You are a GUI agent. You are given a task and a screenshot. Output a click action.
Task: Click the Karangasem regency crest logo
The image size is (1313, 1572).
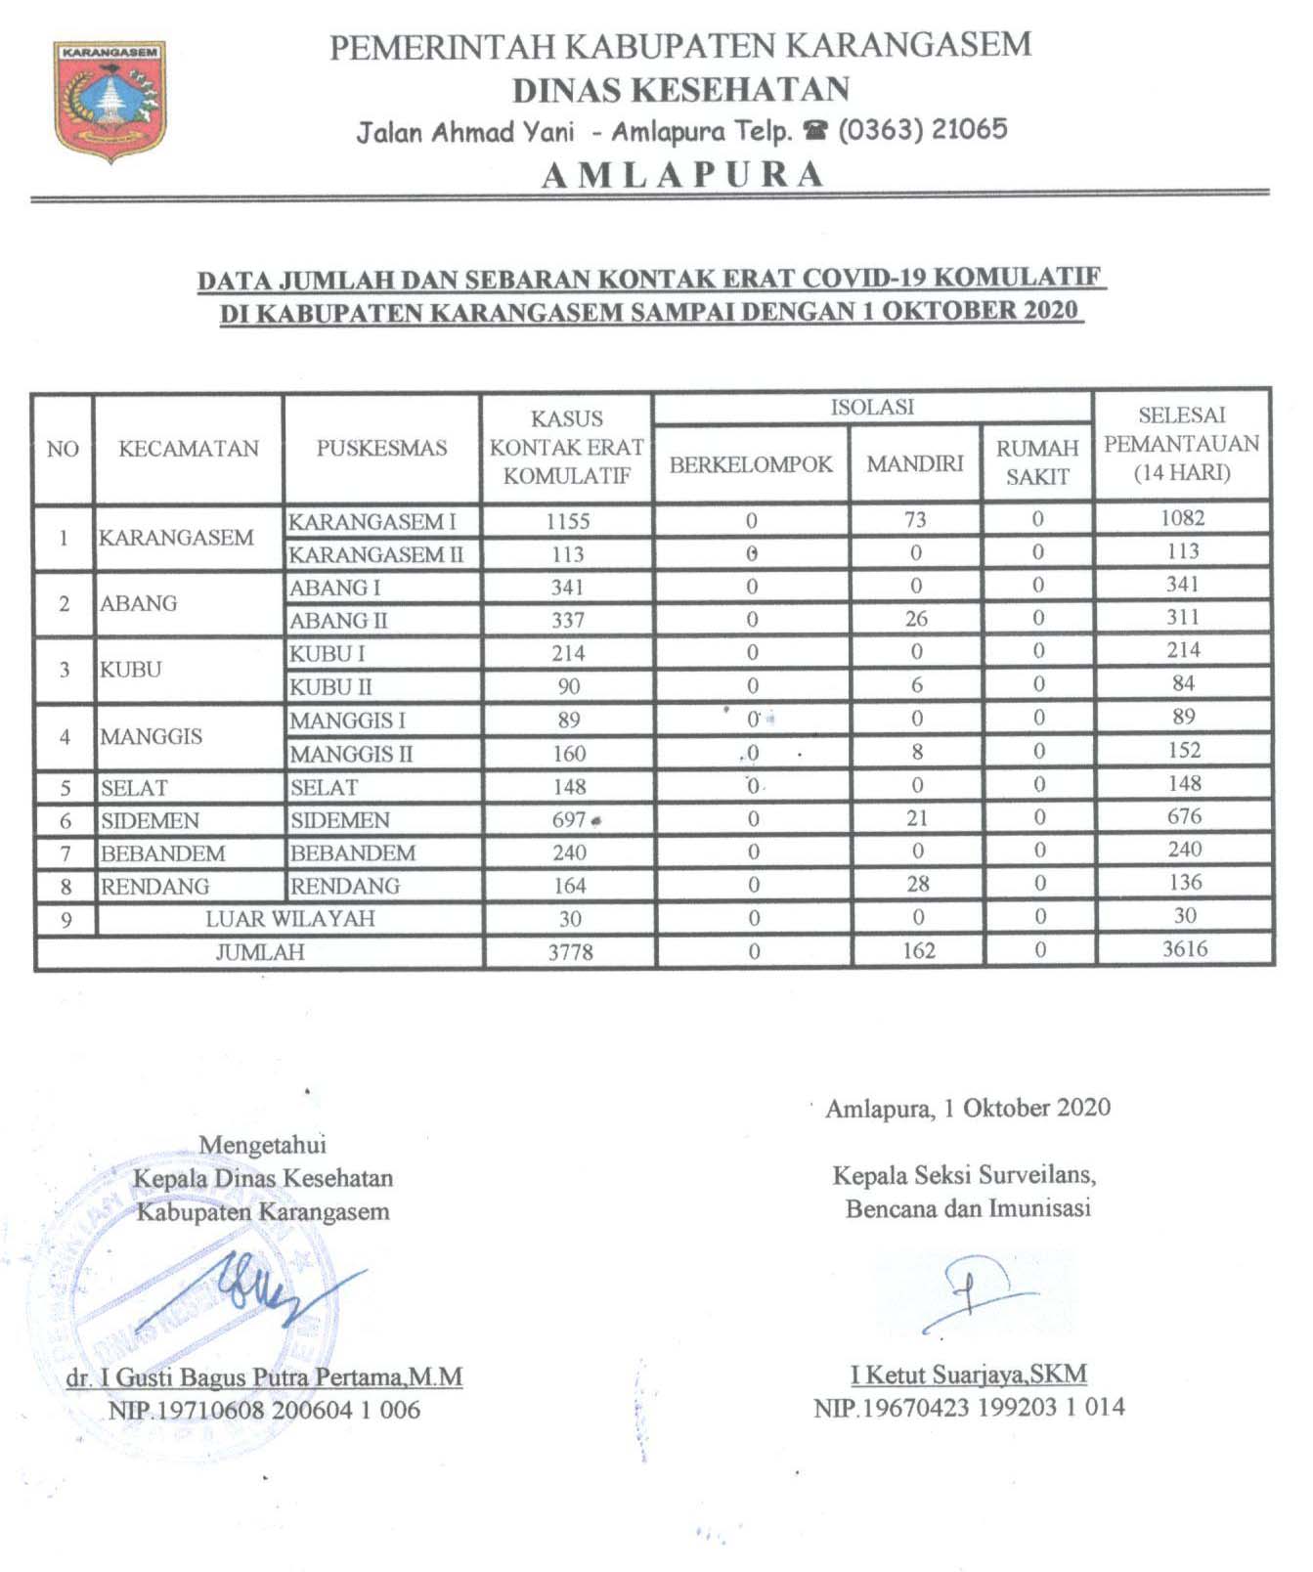pyautogui.click(x=109, y=99)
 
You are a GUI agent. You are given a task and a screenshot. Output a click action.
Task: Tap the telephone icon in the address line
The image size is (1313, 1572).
pyautogui.click(x=815, y=131)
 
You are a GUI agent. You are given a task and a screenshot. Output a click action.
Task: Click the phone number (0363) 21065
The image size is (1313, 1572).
pyautogui.click(x=922, y=130)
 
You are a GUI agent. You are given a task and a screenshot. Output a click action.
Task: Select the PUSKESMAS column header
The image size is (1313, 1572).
pyautogui.click(x=381, y=449)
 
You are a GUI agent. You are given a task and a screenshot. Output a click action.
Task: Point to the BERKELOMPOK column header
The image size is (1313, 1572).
pyautogui.click(x=751, y=464)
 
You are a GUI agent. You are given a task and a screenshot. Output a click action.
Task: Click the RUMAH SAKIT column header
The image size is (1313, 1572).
pyautogui.click(x=1037, y=462)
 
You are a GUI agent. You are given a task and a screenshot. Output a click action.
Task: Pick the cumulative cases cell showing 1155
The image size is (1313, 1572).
pyautogui.click(x=568, y=521)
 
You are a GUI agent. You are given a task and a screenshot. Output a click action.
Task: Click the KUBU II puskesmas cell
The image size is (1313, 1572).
pyautogui.click(x=330, y=687)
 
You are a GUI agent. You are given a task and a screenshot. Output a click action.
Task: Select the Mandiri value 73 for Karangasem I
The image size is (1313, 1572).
pyautogui.click(x=915, y=519)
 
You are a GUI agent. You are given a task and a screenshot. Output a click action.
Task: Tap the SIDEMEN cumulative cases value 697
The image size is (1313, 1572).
pyautogui.click(x=569, y=820)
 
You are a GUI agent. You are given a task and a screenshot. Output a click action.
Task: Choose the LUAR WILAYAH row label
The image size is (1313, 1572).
pyautogui.click(x=289, y=919)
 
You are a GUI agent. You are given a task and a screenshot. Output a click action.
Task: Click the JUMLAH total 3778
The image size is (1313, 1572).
pyautogui.click(x=570, y=952)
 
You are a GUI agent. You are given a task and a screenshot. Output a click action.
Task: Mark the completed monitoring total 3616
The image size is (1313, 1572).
pyautogui.click(x=1185, y=949)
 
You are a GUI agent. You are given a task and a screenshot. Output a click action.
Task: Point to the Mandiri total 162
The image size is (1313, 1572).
pyautogui.click(x=918, y=951)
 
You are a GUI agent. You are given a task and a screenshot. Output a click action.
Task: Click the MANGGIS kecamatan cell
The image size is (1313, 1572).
pyautogui.click(x=152, y=736)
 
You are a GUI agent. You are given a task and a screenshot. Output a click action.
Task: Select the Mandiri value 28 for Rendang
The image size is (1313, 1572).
pyautogui.click(x=917, y=885)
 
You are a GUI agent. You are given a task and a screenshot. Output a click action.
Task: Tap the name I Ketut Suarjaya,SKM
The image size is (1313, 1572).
pyautogui.click(x=968, y=1375)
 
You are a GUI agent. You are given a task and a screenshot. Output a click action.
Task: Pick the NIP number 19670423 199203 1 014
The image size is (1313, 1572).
pyautogui.click(x=969, y=1408)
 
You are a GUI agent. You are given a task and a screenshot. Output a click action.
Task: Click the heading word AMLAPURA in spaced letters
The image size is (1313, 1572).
pyautogui.click(x=682, y=175)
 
